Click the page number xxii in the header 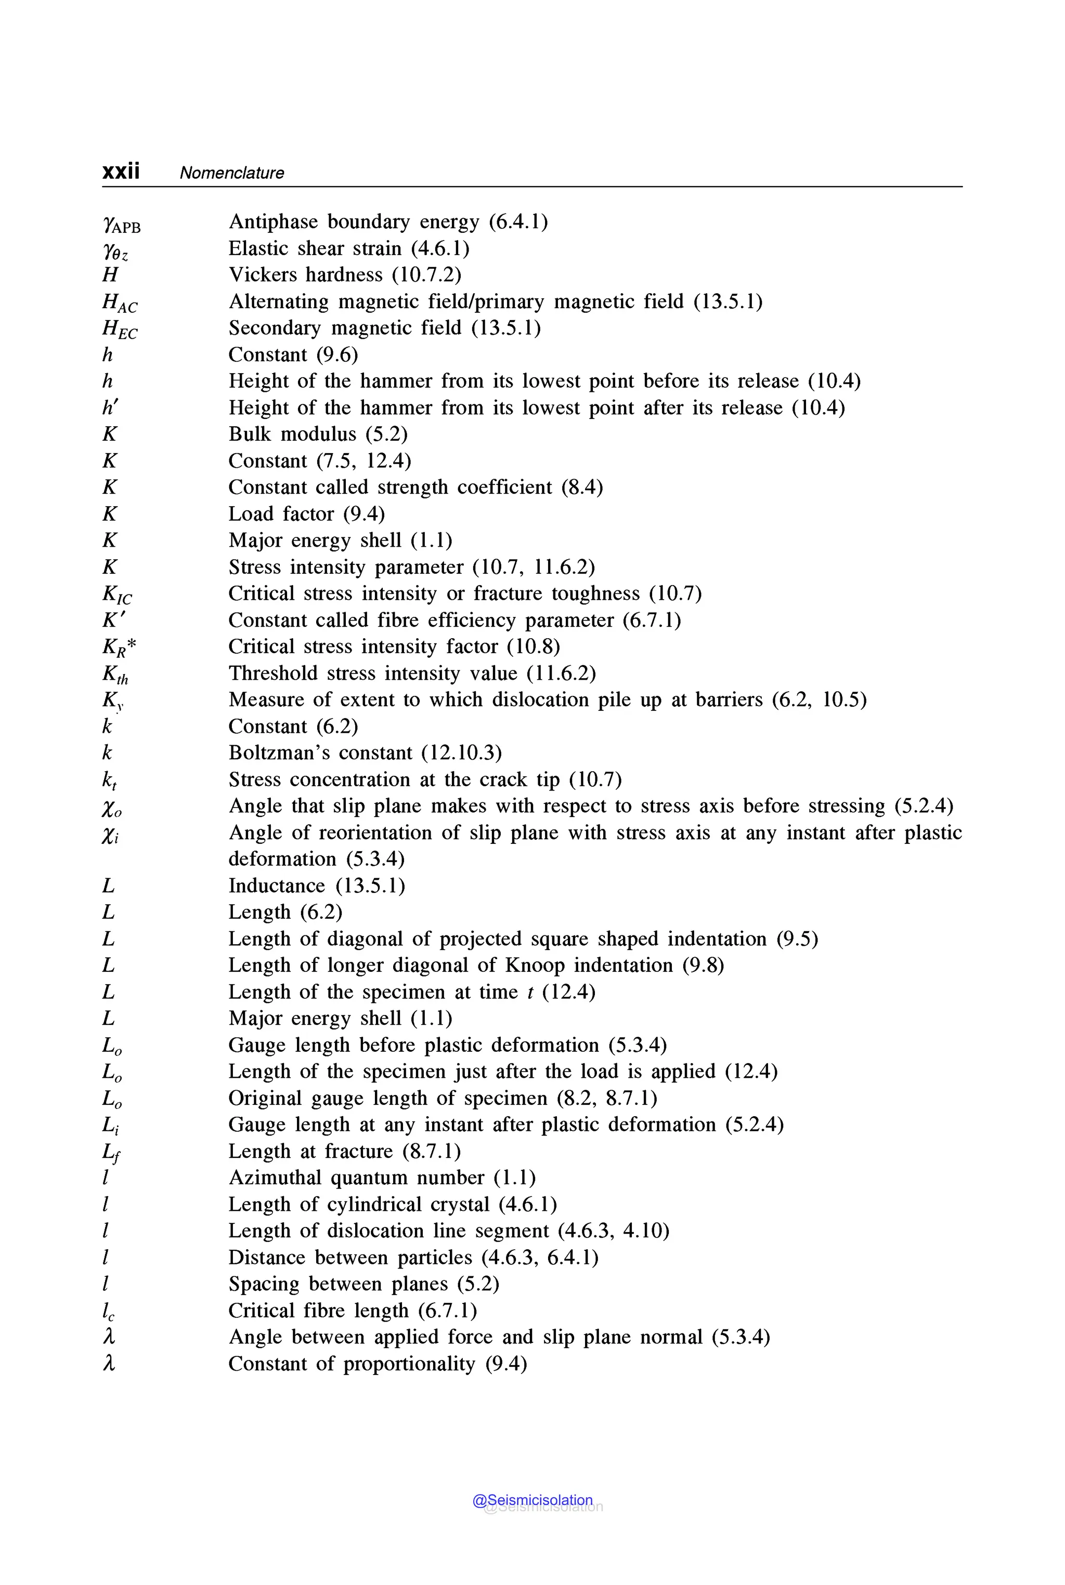coord(121,171)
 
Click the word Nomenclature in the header coord(231,173)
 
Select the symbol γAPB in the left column coord(121,224)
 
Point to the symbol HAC coord(120,303)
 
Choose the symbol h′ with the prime coord(110,407)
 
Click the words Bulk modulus coord(292,434)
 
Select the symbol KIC coord(117,595)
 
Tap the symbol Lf coord(111,1153)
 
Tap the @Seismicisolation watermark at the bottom coord(533,1500)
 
